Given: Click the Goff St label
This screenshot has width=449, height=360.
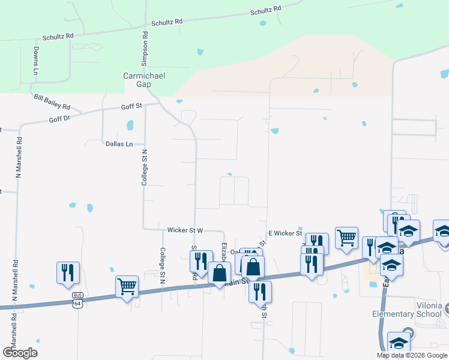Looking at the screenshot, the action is click(x=131, y=106).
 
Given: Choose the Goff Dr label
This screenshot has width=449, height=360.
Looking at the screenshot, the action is click(x=60, y=119).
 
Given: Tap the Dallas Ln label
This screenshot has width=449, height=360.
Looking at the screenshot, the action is click(x=119, y=144).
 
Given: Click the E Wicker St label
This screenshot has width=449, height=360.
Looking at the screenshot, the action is click(x=285, y=233).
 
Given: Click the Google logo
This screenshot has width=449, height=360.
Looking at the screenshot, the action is click(x=20, y=353).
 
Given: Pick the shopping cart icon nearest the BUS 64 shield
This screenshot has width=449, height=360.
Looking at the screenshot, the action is click(x=127, y=287).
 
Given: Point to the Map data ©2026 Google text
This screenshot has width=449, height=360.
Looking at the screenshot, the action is click(x=411, y=355).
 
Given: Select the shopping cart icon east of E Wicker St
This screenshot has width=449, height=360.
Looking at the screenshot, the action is click(x=347, y=237).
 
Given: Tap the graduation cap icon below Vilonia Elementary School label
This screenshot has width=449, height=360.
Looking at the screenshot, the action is click(x=398, y=342).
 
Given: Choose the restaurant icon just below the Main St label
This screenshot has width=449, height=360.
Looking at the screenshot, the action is click(x=260, y=291).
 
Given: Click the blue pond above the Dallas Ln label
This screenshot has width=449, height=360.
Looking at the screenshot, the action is click(x=130, y=126).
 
